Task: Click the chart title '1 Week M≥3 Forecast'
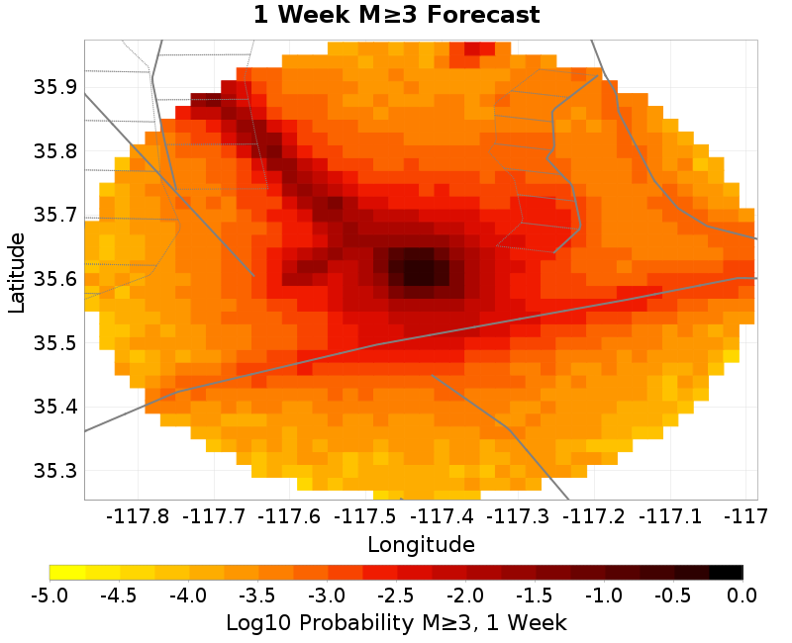pos(396,16)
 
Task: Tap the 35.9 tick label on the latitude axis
pos(54,87)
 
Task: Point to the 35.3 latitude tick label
pos(54,470)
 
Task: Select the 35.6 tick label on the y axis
pos(54,279)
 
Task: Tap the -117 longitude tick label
pos(746,516)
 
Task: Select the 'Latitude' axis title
pos(17,272)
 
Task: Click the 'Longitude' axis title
pos(421,544)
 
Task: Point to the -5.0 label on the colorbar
pos(49,596)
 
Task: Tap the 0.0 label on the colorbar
pos(742,596)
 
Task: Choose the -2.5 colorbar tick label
pos(396,596)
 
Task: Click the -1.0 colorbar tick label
pos(604,596)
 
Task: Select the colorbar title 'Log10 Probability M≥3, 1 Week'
pos(396,623)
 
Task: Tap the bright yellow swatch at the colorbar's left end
pos(67,572)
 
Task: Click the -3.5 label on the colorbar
pos(257,596)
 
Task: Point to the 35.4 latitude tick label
pos(54,406)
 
